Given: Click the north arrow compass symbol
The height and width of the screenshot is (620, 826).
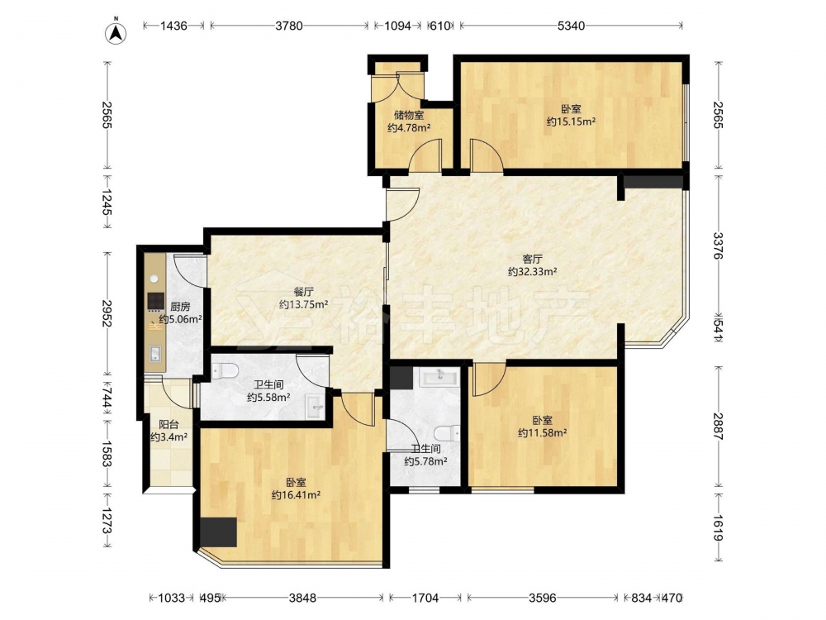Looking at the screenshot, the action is (x=116, y=32).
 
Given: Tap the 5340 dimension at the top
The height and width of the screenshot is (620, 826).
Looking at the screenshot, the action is (x=571, y=26).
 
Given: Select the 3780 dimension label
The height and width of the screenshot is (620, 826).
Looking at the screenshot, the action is (x=288, y=26).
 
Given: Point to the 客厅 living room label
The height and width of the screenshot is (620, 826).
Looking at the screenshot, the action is (x=533, y=259).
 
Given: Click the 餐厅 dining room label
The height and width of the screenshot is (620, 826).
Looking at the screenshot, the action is (x=304, y=292).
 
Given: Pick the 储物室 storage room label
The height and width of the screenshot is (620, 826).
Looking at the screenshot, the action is (x=409, y=115).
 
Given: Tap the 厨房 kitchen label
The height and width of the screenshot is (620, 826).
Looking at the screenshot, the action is (x=180, y=307).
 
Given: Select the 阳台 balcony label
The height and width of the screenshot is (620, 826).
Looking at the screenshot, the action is (x=169, y=424).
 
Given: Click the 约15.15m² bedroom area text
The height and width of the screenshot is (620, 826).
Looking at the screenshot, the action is (x=571, y=122).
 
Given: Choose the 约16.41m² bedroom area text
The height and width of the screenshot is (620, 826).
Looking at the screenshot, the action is (x=296, y=495).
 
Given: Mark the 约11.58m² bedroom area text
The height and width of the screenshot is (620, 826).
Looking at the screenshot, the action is (x=542, y=433).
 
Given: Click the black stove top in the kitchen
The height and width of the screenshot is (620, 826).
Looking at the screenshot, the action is (x=155, y=301).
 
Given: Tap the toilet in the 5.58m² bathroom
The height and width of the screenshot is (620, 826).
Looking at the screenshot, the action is (x=225, y=370).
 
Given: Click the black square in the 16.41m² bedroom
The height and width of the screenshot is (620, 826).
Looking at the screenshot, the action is (x=218, y=532).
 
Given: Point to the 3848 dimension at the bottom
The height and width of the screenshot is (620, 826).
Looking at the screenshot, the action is (x=303, y=598).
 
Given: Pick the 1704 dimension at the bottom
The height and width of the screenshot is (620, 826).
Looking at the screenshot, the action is (x=425, y=598).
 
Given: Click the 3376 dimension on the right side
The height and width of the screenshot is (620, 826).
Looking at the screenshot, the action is (x=719, y=246).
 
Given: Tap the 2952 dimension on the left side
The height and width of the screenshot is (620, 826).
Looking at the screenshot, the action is (x=107, y=313).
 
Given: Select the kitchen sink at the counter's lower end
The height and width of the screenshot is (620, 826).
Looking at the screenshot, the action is (x=155, y=354).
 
